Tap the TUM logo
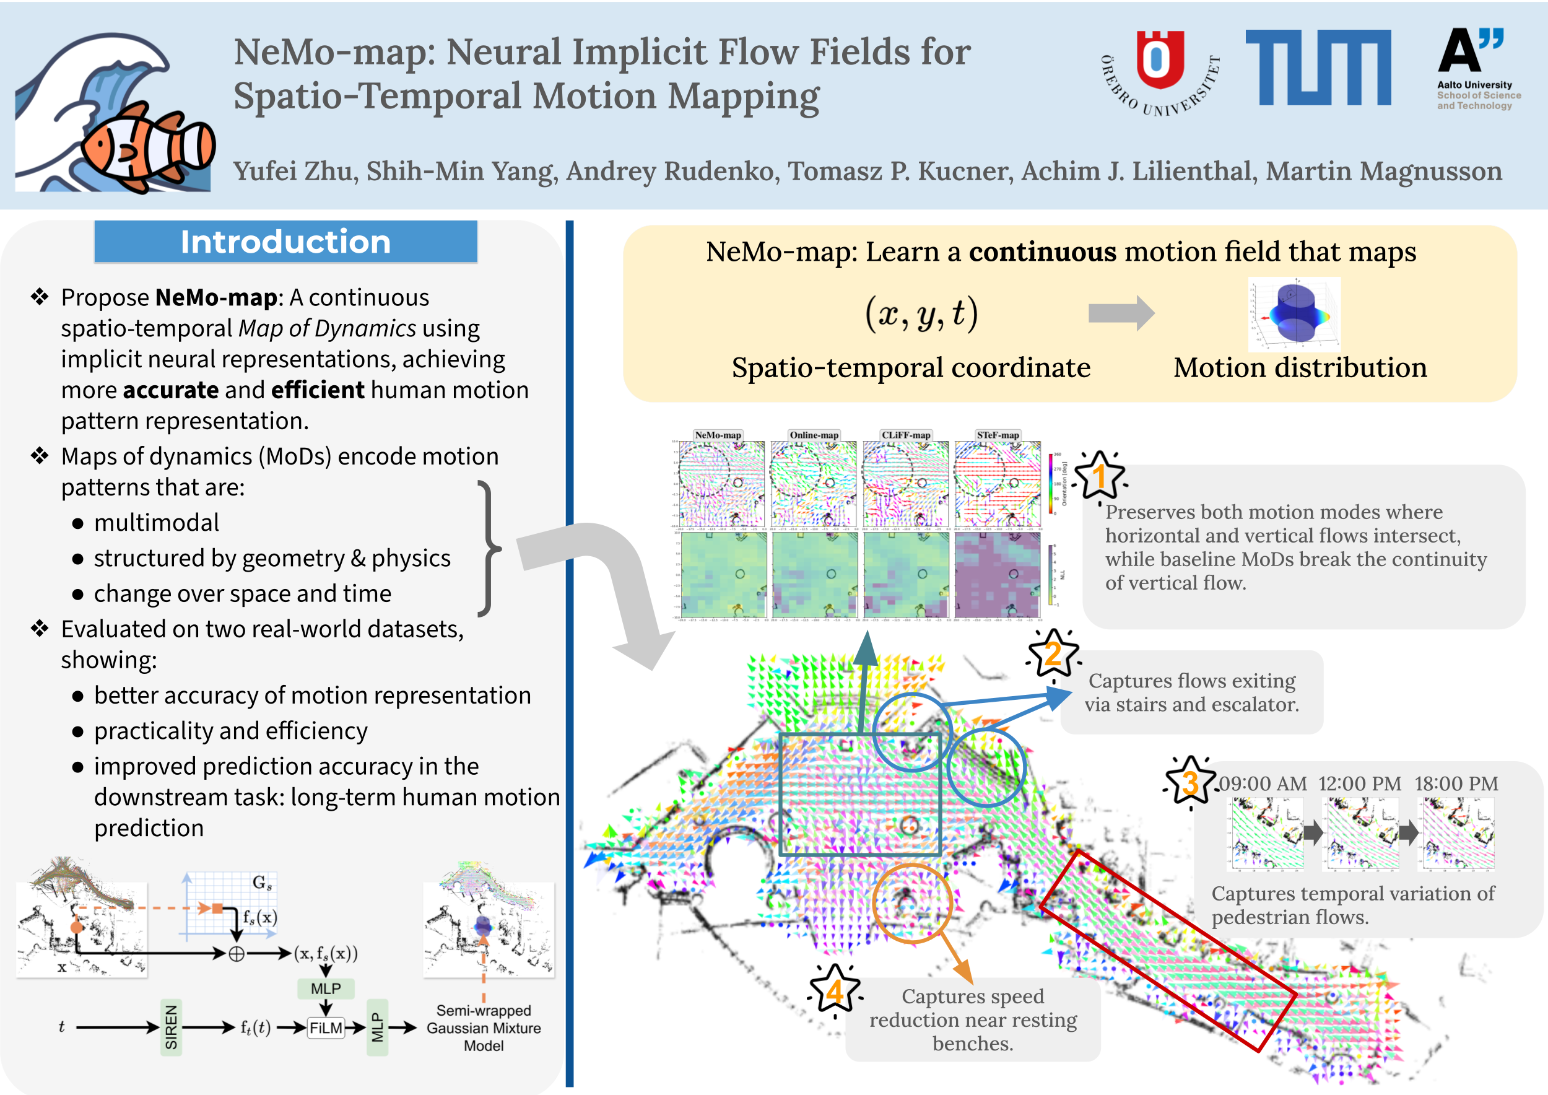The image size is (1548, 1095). coord(1318,68)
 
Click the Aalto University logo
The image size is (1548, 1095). coord(1477,68)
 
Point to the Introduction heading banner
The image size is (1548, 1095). coord(286,242)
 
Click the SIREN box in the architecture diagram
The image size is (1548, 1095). coord(172,1027)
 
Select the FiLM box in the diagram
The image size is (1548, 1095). coord(326,1028)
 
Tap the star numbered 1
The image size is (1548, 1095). coord(1100,476)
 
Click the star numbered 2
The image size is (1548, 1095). coord(1053,653)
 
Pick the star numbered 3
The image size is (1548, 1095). coord(1190,782)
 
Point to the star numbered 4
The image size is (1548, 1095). coord(835,990)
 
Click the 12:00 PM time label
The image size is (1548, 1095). coord(1359,783)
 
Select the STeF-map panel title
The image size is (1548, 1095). coord(998,435)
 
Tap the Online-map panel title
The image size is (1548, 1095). coord(814,435)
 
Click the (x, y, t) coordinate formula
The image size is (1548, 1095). coord(921,313)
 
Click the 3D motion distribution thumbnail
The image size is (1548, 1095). coord(1294,314)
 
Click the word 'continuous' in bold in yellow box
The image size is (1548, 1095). coord(1042,251)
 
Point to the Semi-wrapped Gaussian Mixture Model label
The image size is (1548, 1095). coord(484,1027)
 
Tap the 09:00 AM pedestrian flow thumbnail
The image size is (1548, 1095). coord(1266,834)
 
